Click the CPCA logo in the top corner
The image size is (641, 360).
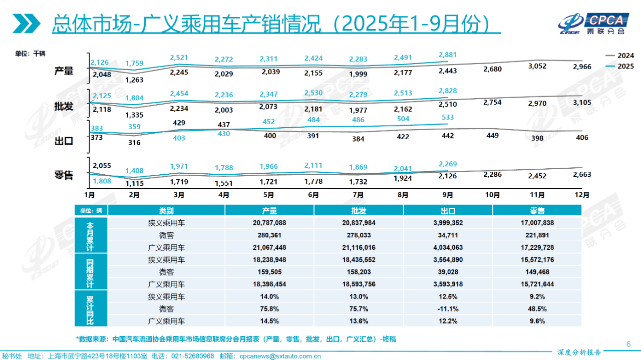click(593, 22)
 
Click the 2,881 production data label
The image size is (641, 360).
click(448, 55)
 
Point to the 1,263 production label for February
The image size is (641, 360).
click(134, 79)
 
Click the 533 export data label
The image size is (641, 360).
click(448, 117)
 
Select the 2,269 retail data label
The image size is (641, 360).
click(448, 164)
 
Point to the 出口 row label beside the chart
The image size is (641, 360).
click(64, 141)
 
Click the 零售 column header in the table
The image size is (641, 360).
click(537, 211)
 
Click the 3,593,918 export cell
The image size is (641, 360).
click(448, 284)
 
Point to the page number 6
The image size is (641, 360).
click(628, 344)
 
